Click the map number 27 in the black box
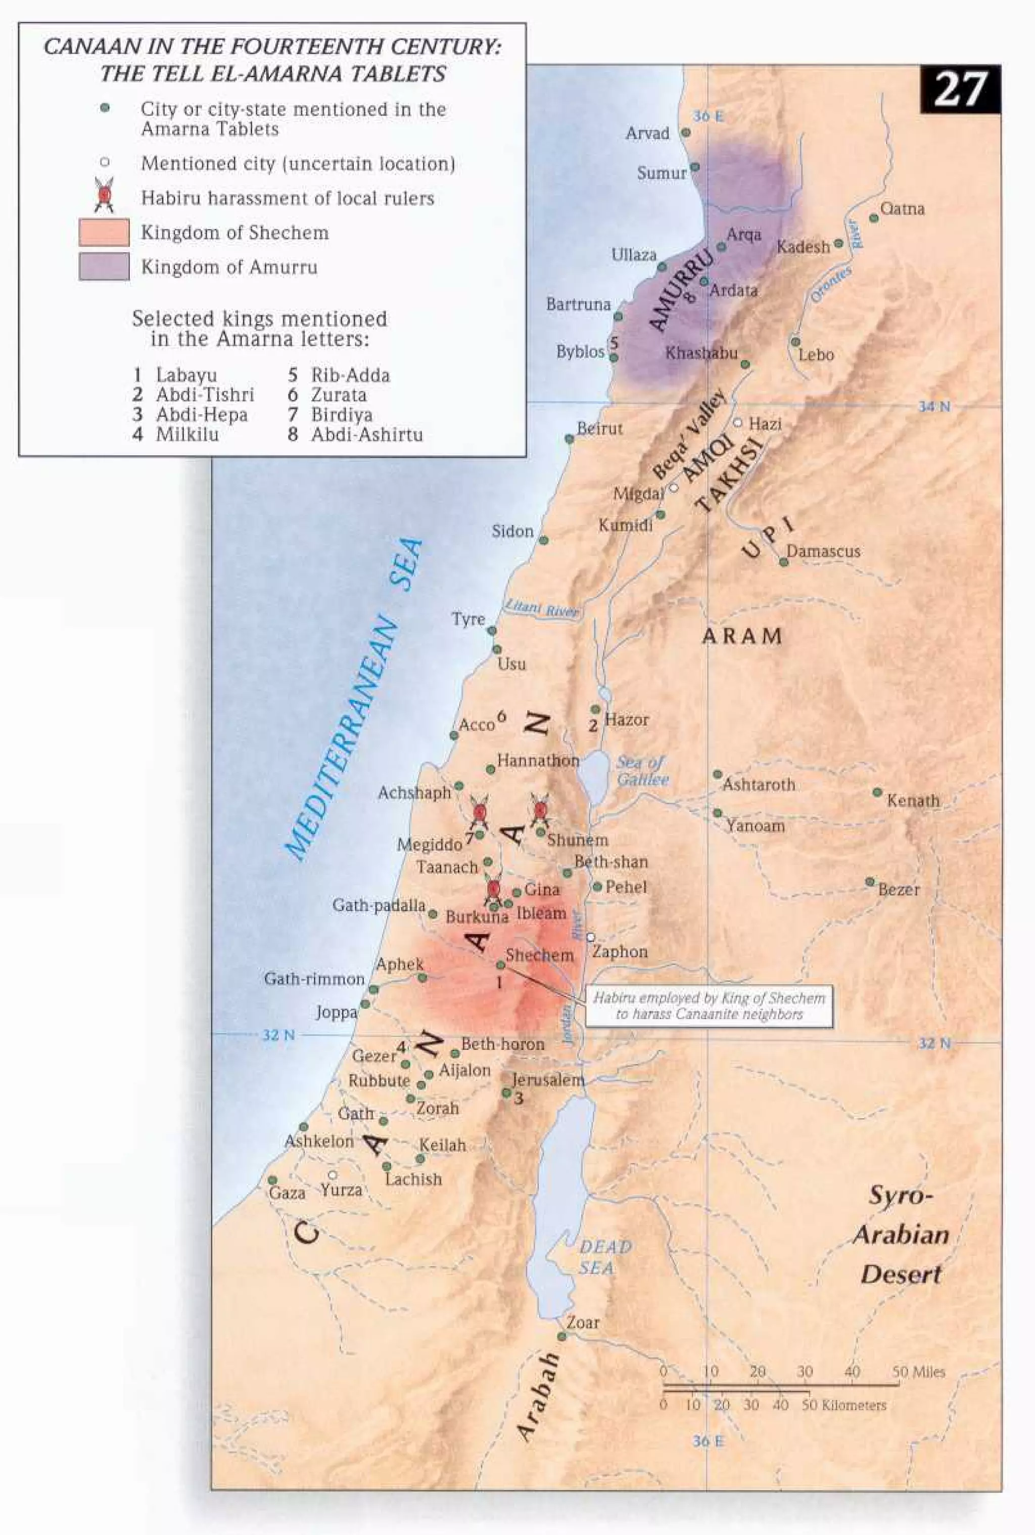[960, 90]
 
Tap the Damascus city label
[823, 551]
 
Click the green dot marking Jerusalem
[506, 1093]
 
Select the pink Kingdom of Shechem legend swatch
[104, 233]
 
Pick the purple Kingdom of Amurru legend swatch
[104, 267]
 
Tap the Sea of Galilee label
[642, 771]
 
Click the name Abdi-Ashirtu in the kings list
[367, 434]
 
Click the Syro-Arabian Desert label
[901, 1235]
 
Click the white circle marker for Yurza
[333, 1175]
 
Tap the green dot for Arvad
[686, 133]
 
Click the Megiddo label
[429, 845]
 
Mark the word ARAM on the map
[741, 637]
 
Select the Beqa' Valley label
[688, 434]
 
